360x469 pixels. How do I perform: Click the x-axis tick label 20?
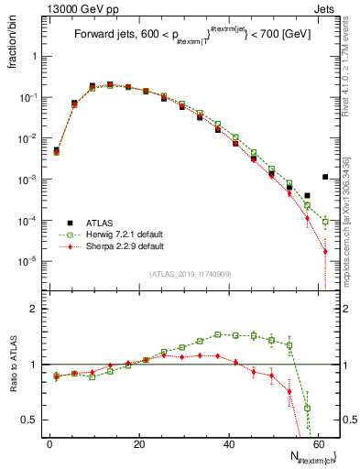point(138,443)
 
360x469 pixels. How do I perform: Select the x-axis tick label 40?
point(228,443)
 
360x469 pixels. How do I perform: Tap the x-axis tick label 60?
point(317,443)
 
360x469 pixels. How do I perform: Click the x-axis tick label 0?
point(49,443)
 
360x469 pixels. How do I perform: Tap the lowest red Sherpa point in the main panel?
point(325,252)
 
